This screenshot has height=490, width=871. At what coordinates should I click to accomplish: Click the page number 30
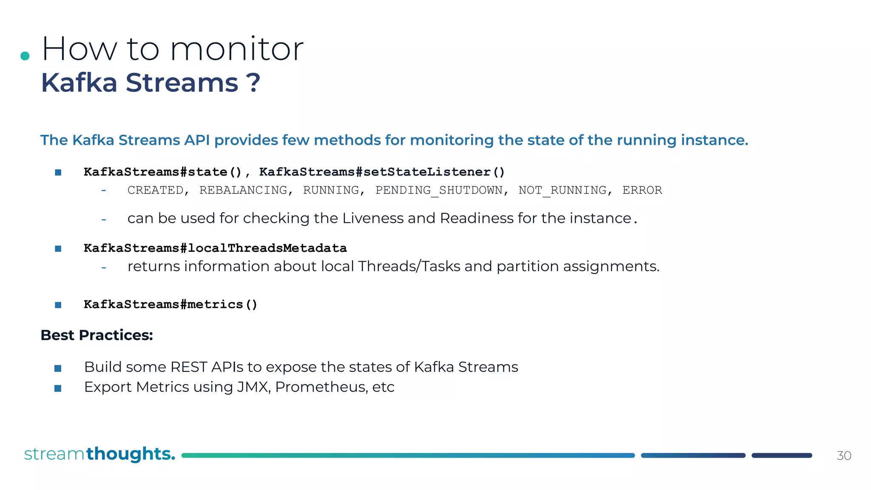tap(844, 456)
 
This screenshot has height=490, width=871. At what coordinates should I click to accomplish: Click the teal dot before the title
tap(25, 56)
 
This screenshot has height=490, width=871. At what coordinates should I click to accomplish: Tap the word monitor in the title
tap(236, 49)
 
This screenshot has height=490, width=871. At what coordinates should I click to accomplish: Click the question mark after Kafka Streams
tap(254, 83)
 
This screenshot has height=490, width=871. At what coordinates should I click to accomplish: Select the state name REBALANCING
tap(243, 190)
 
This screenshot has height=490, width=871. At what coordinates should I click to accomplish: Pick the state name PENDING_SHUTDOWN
tap(439, 190)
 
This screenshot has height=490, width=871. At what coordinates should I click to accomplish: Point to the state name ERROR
tap(642, 190)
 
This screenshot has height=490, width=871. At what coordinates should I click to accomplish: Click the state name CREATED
tap(155, 190)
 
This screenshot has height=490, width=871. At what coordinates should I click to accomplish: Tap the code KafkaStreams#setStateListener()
tap(381, 172)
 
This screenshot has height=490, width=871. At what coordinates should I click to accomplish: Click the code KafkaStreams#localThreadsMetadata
tap(215, 248)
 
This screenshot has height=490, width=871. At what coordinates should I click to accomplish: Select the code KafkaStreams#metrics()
tap(170, 305)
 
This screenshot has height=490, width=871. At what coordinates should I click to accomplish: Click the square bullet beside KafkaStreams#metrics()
tap(58, 305)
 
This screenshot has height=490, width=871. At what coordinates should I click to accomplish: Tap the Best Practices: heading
tap(97, 335)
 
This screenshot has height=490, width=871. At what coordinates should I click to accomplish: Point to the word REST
tap(188, 367)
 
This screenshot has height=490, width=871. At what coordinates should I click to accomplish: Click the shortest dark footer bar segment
tap(782, 456)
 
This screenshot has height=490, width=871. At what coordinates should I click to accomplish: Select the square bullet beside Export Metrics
tap(58, 388)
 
